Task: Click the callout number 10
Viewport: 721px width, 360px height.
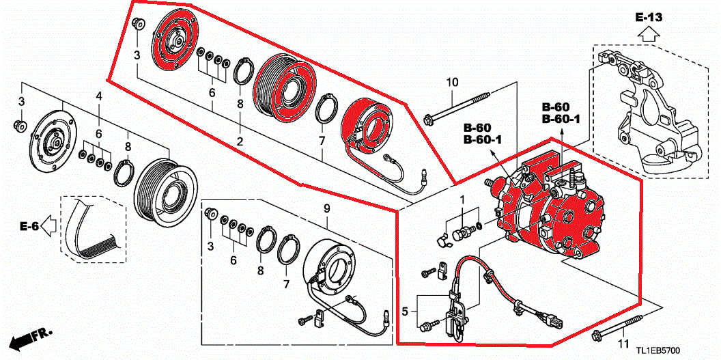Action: coord(452,83)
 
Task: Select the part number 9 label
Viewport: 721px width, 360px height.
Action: coord(326,207)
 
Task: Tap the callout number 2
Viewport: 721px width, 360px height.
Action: coord(240,141)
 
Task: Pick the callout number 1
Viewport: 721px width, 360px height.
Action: coord(462,199)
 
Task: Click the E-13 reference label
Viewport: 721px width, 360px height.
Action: coord(648,16)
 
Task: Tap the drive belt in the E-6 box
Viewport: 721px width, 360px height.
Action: coord(96,232)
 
